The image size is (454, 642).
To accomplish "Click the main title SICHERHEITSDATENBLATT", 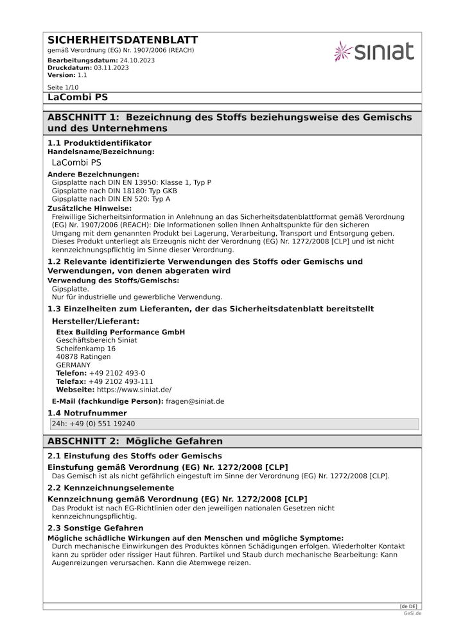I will point(123,40).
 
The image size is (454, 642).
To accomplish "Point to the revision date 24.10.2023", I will point(137,60).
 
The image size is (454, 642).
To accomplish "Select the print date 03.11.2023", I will point(111,67).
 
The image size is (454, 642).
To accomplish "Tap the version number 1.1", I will point(82,75).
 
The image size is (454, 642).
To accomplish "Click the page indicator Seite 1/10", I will point(63,87).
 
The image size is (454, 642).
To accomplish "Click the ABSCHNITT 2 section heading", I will point(135,442).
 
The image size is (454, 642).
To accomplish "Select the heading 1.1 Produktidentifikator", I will point(100,143).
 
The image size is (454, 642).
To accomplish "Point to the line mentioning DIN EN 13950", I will point(131,183).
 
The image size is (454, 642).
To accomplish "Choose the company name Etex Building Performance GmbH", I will point(120,332).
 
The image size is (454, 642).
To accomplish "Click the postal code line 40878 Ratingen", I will point(83,357).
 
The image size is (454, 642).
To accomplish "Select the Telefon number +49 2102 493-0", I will point(117,373).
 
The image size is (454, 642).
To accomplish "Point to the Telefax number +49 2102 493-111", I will point(121,381).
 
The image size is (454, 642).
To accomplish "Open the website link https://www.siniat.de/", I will point(134,390).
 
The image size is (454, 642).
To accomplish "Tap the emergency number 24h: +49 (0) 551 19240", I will point(93,424).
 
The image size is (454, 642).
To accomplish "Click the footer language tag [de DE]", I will point(408,606).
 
